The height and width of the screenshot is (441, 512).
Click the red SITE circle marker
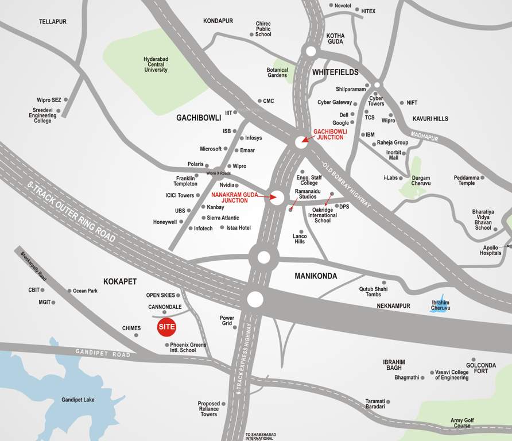[x=166, y=327]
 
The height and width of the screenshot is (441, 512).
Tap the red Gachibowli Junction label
[x=330, y=134]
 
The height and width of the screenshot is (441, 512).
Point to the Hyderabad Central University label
[x=156, y=64]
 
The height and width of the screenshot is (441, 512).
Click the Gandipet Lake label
[x=78, y=400]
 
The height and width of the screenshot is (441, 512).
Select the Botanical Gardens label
[x=277, y=72]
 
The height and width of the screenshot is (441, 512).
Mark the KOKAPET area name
[x=120, y=281]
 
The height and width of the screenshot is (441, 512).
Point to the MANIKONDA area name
[x=316, y=276]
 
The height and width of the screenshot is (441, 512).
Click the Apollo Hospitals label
[x=491, y=250]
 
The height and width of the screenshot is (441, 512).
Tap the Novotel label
[x=343, y=5]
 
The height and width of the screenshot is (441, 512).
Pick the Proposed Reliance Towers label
[x=208, y=409]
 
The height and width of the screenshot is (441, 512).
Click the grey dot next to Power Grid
[x=234, y=324]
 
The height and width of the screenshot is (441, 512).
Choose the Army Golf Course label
[x=462, y=423]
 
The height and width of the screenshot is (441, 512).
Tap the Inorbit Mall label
[x=393, y=155]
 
